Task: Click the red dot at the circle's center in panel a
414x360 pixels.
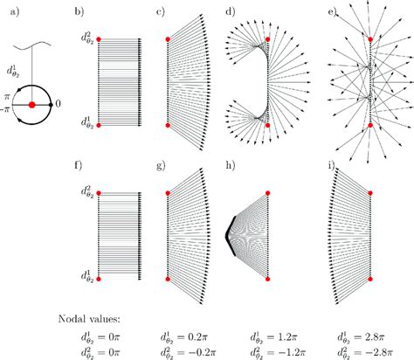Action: coord(32,104)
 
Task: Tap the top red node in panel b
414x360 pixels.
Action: coord(100,39)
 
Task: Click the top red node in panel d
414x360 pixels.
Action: coord(267,40)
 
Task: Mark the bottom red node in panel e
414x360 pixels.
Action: coord(369,125)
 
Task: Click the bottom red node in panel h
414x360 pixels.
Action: coord(267,280)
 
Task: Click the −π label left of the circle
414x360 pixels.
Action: coord(7,109)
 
